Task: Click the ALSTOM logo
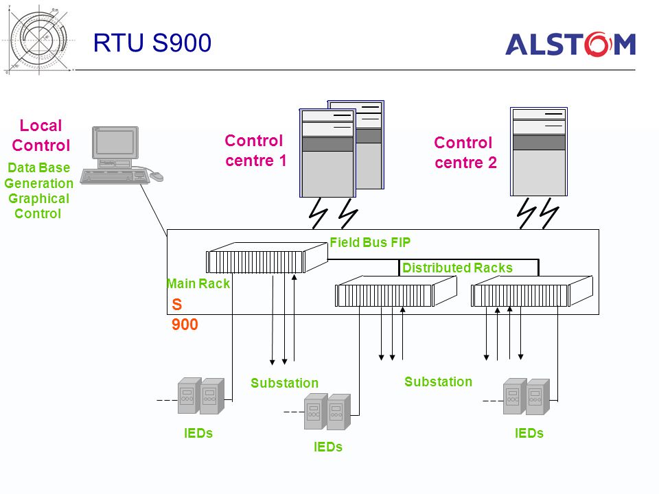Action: pos(570,44)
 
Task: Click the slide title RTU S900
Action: pos(152,43)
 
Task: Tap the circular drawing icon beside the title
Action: pos(38,40)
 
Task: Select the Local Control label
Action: pos(41,135)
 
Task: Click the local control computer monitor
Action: pos(115,143)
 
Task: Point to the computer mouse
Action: pos(157,176)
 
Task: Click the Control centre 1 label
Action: pos(255,150)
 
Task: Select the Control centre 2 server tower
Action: pos(539,152)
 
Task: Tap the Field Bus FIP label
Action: pos(370,242)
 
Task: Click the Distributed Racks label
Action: pos(457,268)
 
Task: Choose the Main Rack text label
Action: pos(198,283)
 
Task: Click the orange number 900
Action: pos(185,325)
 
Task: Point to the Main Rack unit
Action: pos(267,258)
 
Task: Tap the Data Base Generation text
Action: pos(38,176)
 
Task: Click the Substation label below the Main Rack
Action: pos(284,383)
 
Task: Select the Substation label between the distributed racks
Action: pos(439,382)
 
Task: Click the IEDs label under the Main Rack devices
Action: pos(198,433)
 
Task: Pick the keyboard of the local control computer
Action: pos(115,176)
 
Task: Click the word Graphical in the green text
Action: pos(38,199)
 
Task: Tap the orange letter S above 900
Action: pos(177,304)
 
